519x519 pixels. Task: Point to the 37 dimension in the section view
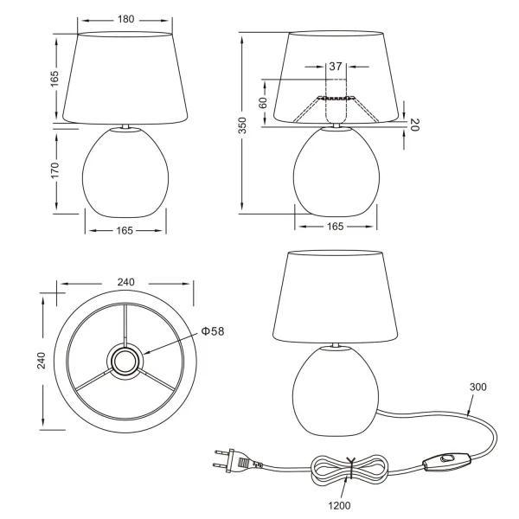click(336, 66)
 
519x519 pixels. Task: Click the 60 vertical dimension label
click(263, 102)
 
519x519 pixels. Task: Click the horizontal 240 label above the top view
click(125, 283)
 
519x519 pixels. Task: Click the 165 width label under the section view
click(336, 227)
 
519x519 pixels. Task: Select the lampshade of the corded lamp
click(335, 295)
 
